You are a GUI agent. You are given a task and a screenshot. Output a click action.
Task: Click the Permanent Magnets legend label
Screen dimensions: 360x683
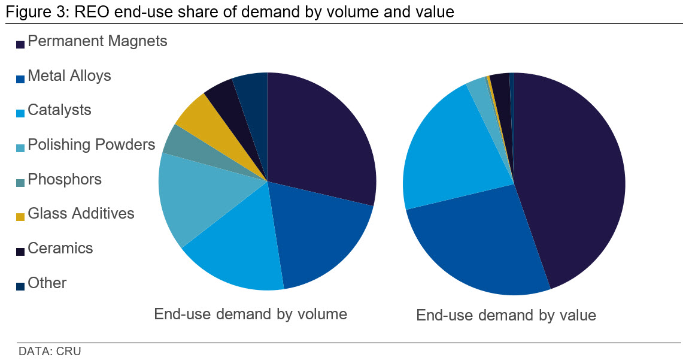tap(97, 41)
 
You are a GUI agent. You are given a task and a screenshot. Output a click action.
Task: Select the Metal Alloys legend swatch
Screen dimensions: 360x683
tap(20, 79)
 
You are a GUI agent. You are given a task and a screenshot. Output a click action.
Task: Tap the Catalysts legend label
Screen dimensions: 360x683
tap(59, 110)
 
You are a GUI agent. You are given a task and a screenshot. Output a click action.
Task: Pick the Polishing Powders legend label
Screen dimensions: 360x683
tap(91, 145)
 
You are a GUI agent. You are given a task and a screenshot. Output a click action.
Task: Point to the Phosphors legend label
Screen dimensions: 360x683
tap(65, 180)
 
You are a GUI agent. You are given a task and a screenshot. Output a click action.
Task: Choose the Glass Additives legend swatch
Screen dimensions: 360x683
tap(20, 217)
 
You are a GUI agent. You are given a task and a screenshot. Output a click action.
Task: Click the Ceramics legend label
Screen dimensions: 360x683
tap(60, 249)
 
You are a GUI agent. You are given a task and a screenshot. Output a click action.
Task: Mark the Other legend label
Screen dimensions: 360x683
tap(47, 283)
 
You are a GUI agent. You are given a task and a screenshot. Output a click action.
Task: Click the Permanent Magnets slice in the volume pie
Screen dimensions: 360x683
tap(323, 138)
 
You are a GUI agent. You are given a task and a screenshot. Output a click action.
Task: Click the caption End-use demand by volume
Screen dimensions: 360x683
tap(250, 314)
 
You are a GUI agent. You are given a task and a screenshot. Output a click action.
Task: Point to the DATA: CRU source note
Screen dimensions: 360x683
tap(50, 352)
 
